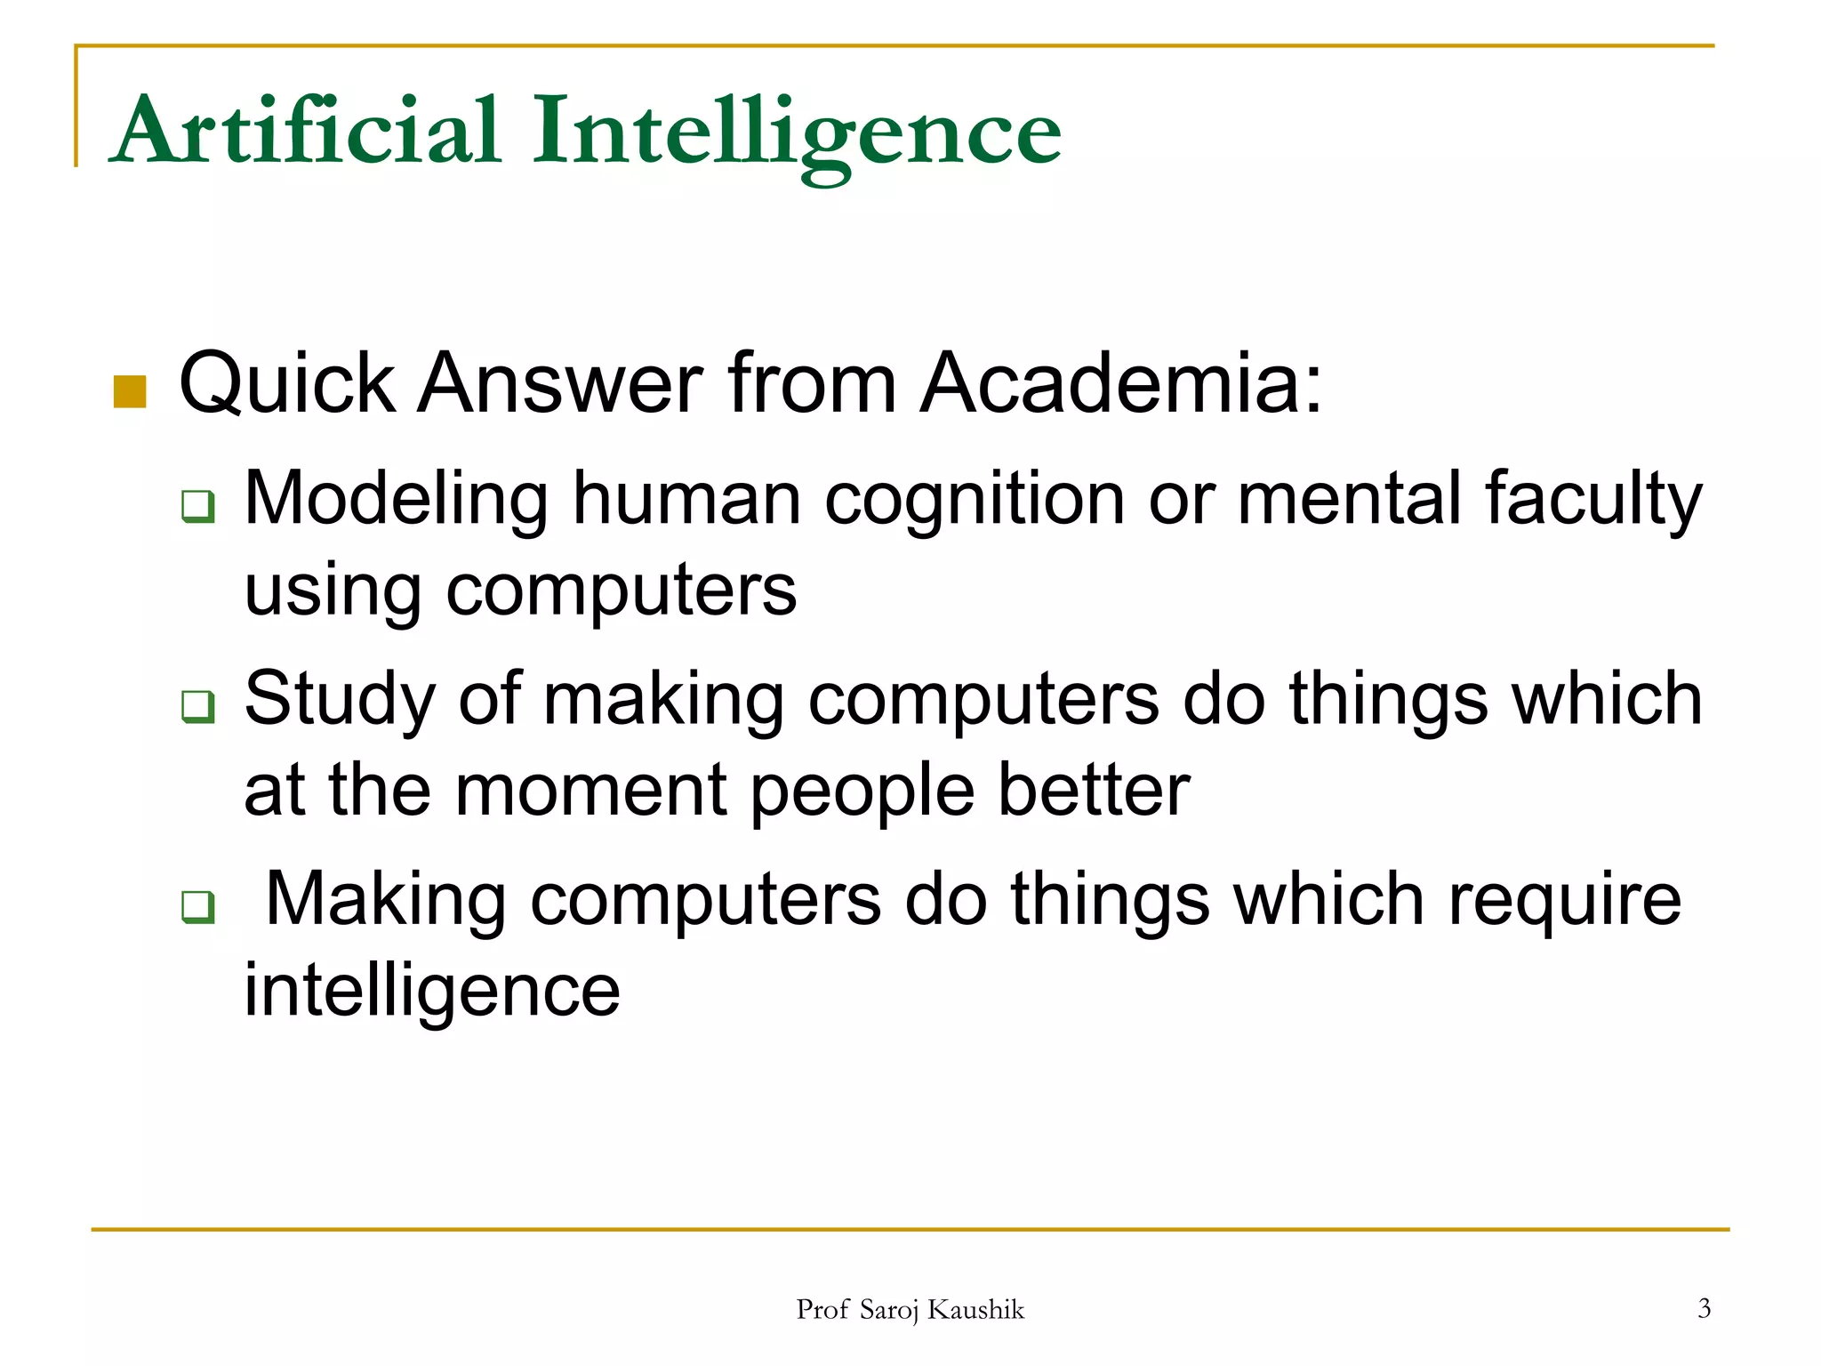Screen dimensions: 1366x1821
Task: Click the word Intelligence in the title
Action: pos(796,133)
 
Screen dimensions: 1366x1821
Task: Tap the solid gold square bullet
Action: pos(130,391)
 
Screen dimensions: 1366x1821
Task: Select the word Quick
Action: pos(287,384)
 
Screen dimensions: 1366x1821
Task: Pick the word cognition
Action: pos(975,500)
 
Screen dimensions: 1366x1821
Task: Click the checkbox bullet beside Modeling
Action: pos(197,506)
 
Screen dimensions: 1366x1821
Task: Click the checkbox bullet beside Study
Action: pos(197,706)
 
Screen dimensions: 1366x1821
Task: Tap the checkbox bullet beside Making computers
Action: pos(197,906)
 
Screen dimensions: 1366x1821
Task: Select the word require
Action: pos(1565,901)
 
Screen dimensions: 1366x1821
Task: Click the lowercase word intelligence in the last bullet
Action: pos(432,991)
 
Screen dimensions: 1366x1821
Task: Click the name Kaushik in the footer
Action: pos(975,1309)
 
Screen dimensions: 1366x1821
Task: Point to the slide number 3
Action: pos(1704,1308)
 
